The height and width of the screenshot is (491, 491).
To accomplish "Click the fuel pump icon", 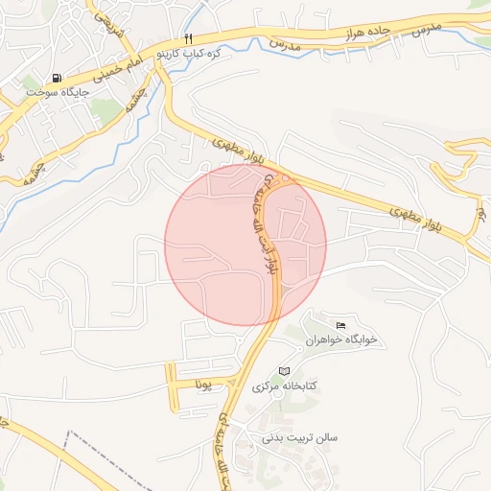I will [58, 79].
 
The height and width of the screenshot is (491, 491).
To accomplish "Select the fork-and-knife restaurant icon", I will [188, 38].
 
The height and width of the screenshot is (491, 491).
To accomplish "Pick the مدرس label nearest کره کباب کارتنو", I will [285, 43].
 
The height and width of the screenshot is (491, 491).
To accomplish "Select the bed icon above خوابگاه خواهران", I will [342, 326].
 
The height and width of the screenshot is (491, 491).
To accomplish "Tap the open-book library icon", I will [283, 371].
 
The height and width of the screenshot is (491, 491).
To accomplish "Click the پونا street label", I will [201, 386].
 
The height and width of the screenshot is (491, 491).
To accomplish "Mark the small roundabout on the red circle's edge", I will [285, 179].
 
